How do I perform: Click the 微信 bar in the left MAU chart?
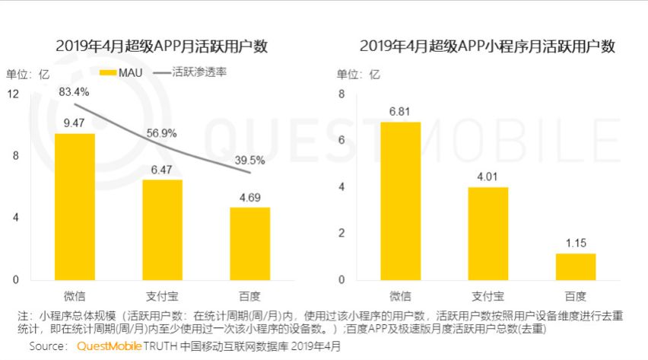pos(75,206)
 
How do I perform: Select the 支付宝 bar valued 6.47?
pos(162,229)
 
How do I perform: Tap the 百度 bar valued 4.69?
pos(250,243)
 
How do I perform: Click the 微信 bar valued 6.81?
pos(400,200)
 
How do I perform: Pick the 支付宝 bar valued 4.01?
pos(488,233)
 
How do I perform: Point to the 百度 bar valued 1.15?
pos(576,266)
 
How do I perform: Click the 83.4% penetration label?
pos(75,92)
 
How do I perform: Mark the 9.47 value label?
pos(75,123)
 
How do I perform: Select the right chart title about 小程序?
pos(487,46)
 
